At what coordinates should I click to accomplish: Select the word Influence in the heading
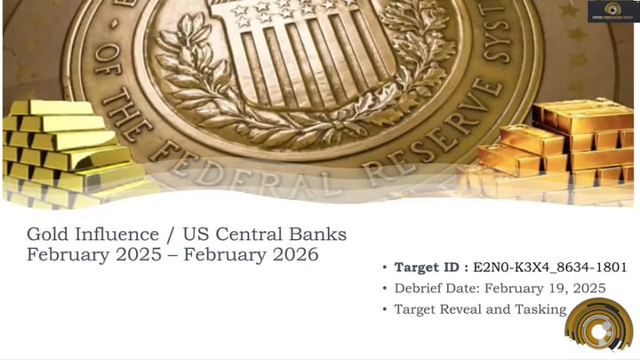click(118, 235)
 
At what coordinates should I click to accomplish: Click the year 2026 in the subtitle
click(294, 255)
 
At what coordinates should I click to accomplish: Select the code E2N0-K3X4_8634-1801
click(551, 267)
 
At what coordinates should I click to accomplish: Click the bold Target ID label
click(432, 267)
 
